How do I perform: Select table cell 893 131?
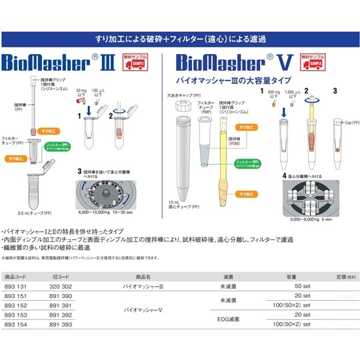(15, 285)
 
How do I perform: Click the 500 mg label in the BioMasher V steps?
(273, 91)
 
